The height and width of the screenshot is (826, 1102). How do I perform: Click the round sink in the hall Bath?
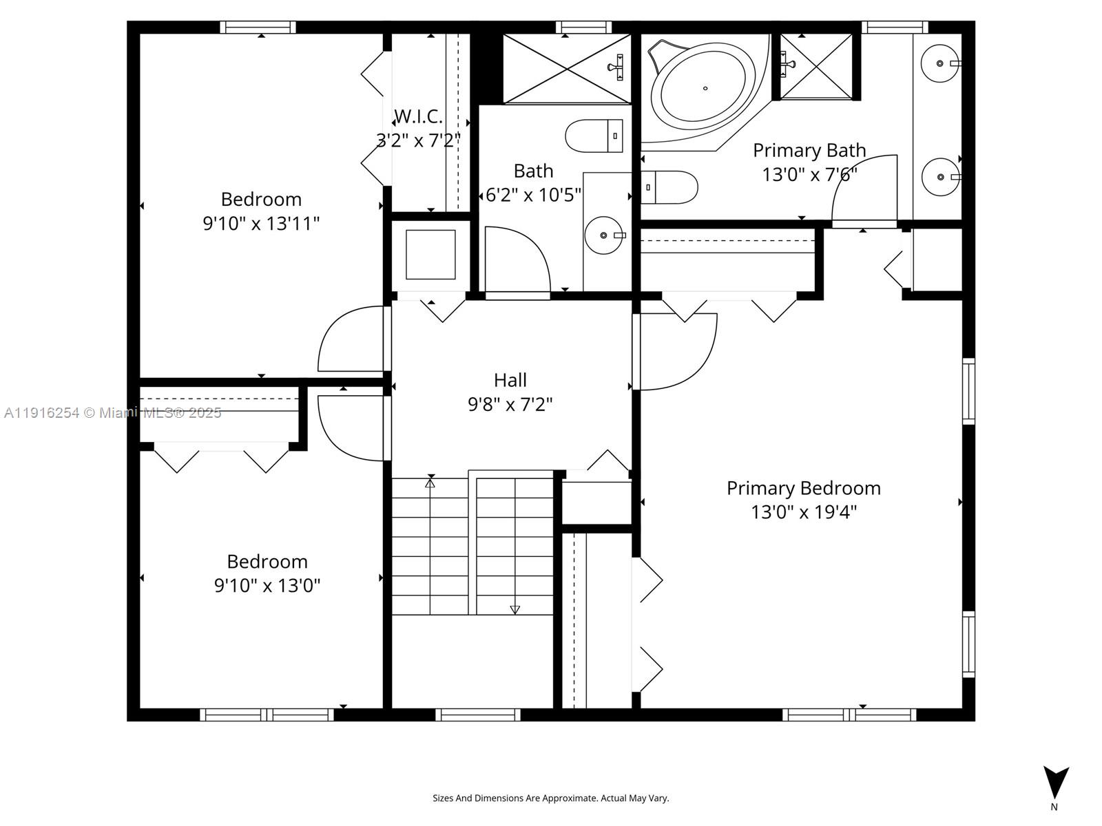pyautogui.click(x=603, y=235)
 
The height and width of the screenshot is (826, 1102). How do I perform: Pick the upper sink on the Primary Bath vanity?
pyautogui.click(x=940, y=63)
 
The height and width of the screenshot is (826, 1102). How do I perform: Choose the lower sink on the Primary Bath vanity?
pyautogui.click(x=940, y=177)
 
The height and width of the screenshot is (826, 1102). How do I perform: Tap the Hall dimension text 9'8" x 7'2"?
pyautogui.click(x=510, y=404)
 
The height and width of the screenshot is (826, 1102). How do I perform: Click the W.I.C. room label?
pyautogui.click(x=418, y=116)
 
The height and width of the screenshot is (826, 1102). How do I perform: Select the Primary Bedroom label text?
pyautogui.click(x=803, y=488)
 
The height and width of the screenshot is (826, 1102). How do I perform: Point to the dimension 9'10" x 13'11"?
pyautogui.click(x=261, y=224)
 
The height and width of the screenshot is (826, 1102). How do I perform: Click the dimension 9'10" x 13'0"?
pyautogui.click(x=267, y=586)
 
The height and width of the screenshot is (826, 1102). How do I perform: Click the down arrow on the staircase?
pyautogui.click(x=514, y=609)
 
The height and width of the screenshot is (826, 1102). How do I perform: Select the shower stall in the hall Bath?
pyautogui.click(x=566, y=68)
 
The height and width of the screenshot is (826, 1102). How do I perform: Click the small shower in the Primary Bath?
pyautogui.click(x=816, y=66)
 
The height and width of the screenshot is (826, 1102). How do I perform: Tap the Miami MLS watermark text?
pyautogui.click(x=112, y=413)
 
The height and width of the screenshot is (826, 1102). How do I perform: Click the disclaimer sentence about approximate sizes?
pyautogui.click(x=550, y=798)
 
